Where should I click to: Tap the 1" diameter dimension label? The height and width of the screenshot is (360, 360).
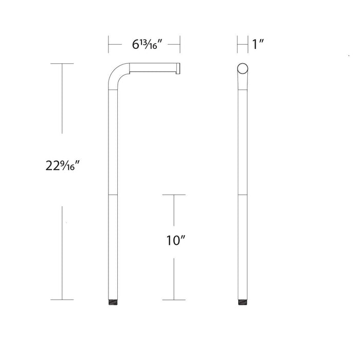[258, 45]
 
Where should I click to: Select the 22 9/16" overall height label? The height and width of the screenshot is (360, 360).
[64, 166]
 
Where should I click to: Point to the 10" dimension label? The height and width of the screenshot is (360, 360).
[175, 240]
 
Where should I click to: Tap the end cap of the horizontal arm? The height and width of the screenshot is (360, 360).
[178, 67]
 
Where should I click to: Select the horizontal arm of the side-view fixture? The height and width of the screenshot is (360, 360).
[152, 67]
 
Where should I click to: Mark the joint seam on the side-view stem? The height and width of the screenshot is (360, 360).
[114, 195]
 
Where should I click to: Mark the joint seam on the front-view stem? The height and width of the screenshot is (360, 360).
[242, 195]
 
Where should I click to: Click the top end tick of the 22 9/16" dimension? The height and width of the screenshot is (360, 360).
[62, 64]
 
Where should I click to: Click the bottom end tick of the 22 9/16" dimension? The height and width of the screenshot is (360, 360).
[62, 300]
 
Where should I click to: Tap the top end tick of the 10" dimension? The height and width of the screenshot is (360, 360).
[173, 195]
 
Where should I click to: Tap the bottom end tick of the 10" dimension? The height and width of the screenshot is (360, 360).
[173, 300]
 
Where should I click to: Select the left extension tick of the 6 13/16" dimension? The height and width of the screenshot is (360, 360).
[108, 45]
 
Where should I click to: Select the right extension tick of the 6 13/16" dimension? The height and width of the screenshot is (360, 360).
[180, 45]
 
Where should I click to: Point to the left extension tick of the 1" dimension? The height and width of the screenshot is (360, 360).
[237, 45]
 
